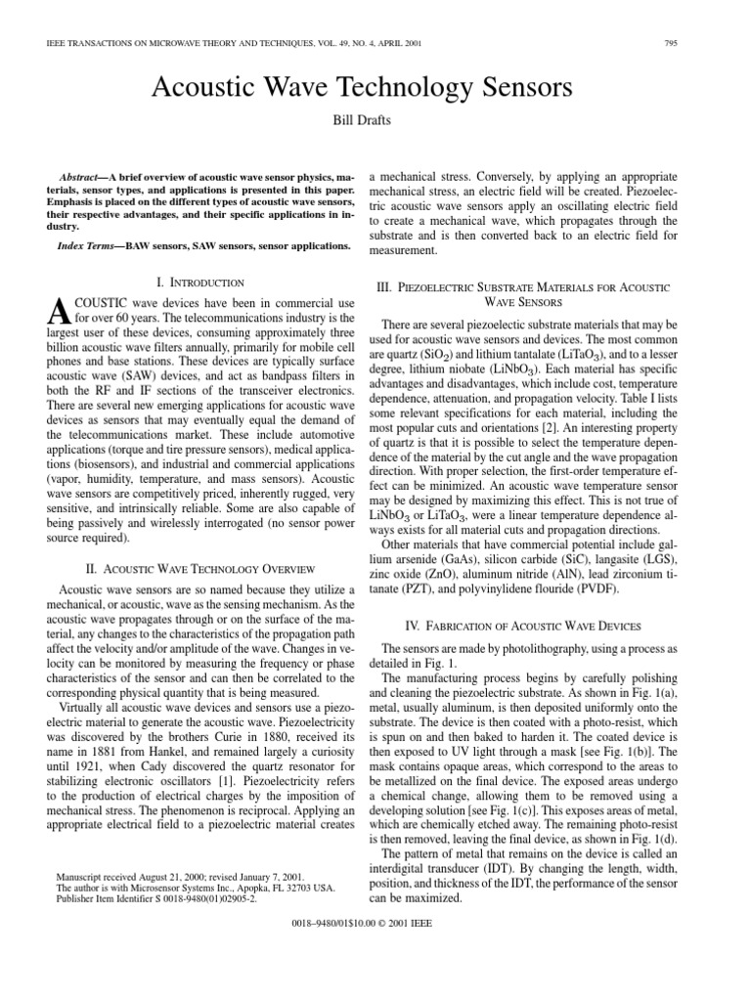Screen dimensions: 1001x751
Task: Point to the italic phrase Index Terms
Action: tap(86, 245)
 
